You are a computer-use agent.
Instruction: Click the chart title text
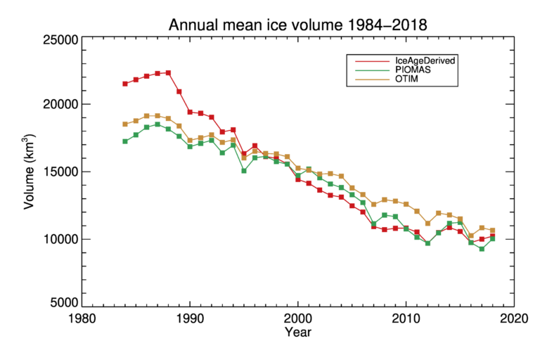[x=297, y=25]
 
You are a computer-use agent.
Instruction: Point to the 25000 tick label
[x=57, y=40]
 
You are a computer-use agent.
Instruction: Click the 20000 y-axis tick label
[x=57, y=105]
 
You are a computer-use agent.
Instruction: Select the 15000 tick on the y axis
[x=57, y=172]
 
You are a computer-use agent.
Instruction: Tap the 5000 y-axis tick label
[x=60, y=303]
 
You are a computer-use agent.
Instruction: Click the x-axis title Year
[x=297, y=333]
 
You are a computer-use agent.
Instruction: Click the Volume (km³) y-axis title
[x=30, y=172]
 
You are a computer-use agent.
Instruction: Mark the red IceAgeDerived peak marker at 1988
[x=168, y=72]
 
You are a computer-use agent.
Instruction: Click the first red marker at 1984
[x=125, y=84]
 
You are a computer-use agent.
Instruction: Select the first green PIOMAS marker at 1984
[x=125, y=141]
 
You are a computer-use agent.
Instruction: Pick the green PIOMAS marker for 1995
[x=244, y=171]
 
